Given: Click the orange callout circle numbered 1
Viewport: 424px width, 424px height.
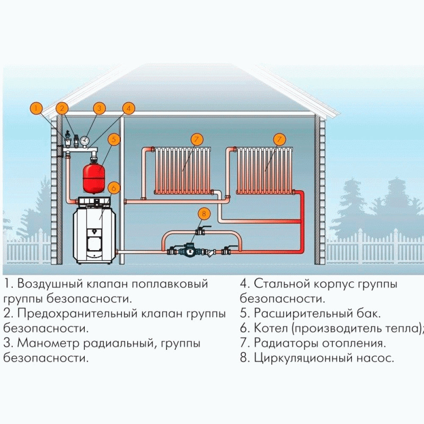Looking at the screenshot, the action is [x=36, y=109].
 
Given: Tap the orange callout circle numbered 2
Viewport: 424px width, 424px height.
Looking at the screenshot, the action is [x=62, y=109].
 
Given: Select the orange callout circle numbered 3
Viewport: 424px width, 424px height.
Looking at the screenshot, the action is [x=99, y=109].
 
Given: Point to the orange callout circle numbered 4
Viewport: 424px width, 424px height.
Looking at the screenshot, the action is [x=128, y=109].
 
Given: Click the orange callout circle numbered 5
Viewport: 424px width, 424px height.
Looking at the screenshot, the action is [x=114, y=139].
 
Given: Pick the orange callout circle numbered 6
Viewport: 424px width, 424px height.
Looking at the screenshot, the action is [x=114, y=188].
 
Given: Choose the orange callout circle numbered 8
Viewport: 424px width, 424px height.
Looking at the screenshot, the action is [x=204, y=214].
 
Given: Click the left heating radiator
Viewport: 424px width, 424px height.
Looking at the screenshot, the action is [x=183, y=170].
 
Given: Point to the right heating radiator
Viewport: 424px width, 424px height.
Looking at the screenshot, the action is [x=265, y=170].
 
